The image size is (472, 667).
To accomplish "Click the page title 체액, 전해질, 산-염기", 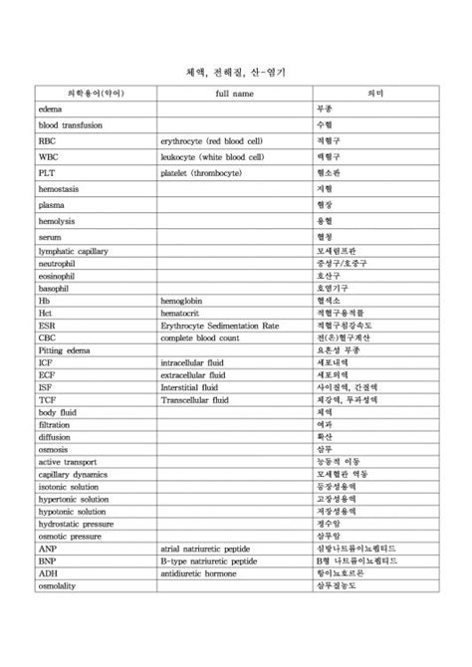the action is pos(235,73).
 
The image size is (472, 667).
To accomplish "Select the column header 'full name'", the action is pos(235,93).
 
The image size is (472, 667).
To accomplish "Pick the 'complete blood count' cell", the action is pos(204,337).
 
